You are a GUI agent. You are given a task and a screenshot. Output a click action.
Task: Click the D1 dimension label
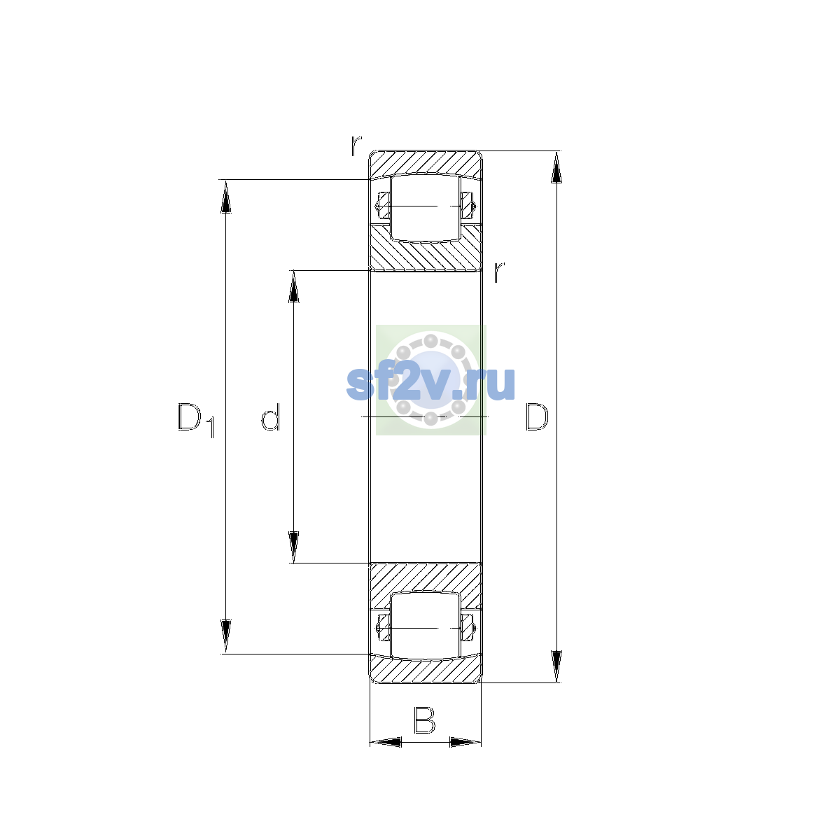click(x=196, y=421)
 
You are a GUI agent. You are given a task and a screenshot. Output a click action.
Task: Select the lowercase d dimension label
click(x=270, y=416)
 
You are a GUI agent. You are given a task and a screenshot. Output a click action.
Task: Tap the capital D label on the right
click(x=537, y=417)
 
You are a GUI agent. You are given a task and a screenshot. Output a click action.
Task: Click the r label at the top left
click(x=356, y=146)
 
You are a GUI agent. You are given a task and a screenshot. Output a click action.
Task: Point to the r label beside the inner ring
click(x=499, y=272)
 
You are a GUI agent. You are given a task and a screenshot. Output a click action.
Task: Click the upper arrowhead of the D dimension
click(x=556, y=167)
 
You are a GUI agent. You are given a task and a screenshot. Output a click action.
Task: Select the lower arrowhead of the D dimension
click(x=556, y=666)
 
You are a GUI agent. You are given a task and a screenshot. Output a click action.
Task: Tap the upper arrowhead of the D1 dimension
click(x=226, y=196)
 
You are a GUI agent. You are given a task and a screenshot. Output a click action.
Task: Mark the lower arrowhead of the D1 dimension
click(x=226, y=637)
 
